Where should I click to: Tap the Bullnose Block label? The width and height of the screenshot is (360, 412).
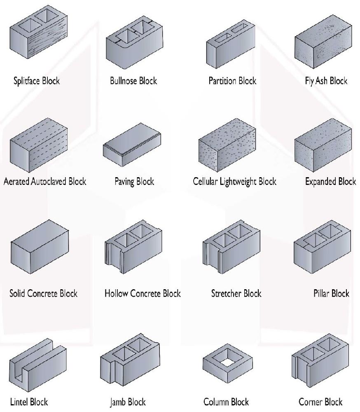[x=133, y=81]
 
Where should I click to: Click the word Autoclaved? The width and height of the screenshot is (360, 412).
[x=49, y=181]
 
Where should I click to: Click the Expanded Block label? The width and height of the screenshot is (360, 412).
[x=331, y=182]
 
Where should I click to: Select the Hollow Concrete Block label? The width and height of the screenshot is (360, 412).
[x=143, y=294]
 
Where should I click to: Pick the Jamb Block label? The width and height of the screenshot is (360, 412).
[x=127, y=402]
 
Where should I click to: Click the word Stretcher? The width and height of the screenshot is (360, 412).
[x=226, y=294]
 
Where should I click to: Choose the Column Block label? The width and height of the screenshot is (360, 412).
[x=226, y=402]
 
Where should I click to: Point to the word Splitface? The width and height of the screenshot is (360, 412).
[x=26, y=81]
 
